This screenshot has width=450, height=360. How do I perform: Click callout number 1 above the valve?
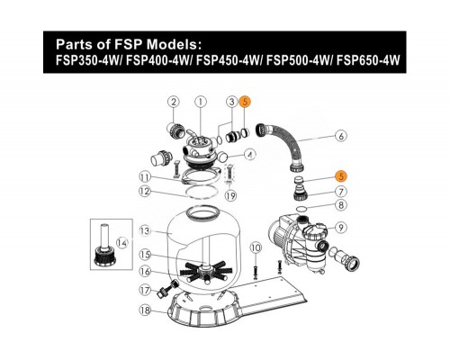click(201, 103)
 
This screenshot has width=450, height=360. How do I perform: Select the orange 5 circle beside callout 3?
click(245, 103)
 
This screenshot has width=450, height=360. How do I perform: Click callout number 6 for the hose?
click(340, 139)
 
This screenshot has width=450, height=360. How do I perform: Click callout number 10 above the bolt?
click(255, 247)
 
